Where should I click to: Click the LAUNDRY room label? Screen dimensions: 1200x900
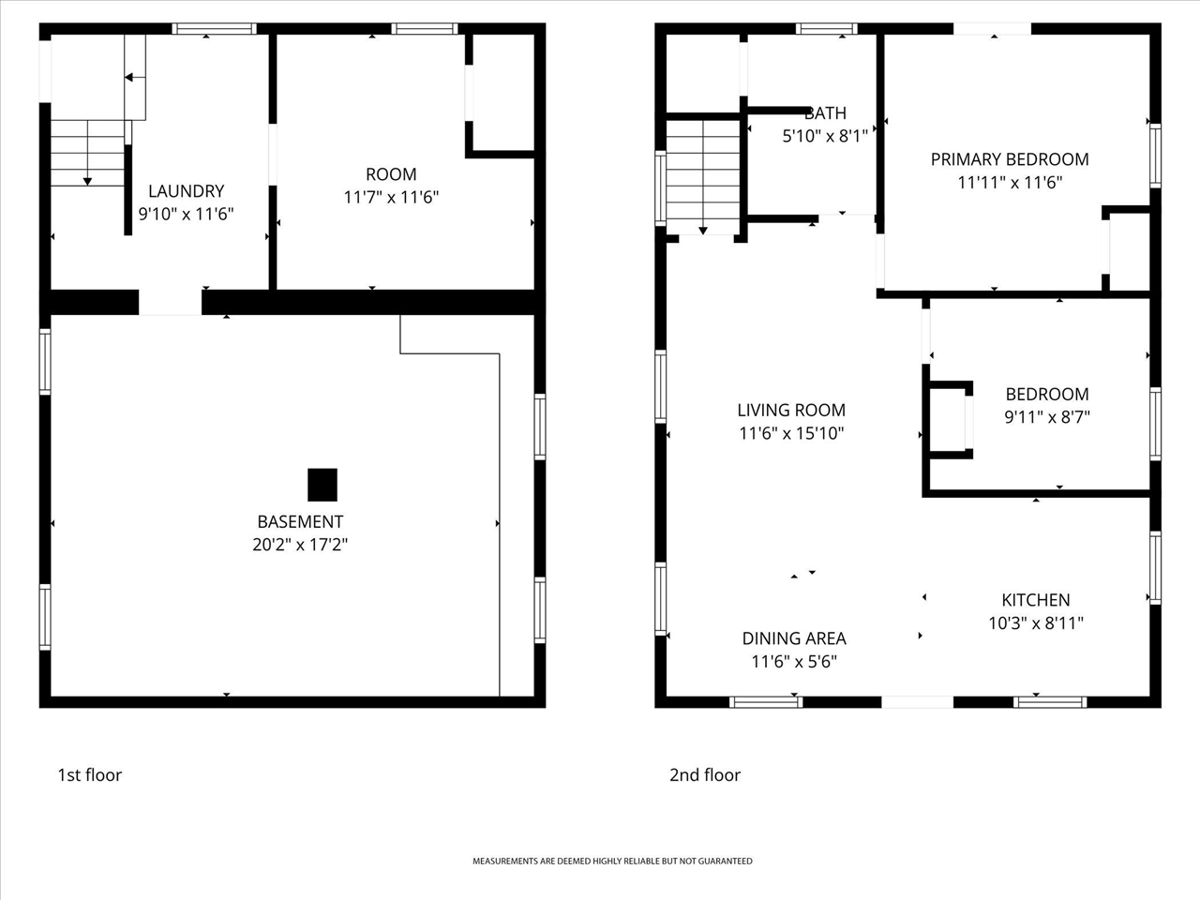point(186,190)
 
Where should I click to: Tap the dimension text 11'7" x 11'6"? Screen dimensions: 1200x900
point(391,197)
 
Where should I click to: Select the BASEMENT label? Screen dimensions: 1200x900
point(300,522)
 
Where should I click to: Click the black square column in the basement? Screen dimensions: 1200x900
point(322,485)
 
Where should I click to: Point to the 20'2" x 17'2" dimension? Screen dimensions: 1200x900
point(300,545)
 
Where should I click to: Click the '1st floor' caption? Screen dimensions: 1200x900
point(90,775)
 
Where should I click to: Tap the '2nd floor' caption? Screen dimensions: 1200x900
point(705,775)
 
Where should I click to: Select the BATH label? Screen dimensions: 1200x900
point(825,113)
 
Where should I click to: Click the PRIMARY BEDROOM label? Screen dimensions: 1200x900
point(1010,159)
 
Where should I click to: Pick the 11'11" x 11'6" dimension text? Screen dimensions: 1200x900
point(1010,182)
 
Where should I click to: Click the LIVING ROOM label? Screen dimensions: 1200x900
point(791,410)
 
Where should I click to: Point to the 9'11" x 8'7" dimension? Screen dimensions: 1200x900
point(1047,417)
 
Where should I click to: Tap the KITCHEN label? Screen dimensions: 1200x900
point(1035,600)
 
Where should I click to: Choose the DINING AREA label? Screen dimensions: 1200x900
point(794,638)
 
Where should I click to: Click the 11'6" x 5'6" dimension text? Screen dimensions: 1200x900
point(794,662)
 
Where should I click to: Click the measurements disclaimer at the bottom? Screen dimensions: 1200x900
point(612,862)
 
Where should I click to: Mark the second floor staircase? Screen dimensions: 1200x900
point(703,177)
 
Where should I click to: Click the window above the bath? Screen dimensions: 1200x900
point(826,28)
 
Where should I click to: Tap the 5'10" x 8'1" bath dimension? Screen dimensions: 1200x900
point(825,136)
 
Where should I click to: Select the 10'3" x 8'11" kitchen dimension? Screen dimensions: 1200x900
point(1035,622)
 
